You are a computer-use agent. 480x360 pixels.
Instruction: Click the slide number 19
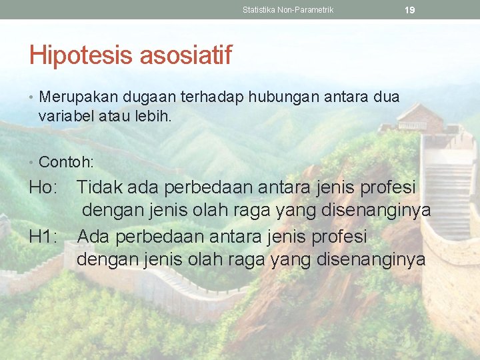[x=410, y=10]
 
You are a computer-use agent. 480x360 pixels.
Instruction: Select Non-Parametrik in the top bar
[x=307, y=10]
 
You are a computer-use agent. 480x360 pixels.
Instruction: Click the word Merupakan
[x=76, y=97]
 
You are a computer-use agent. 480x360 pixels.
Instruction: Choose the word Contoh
[x=65, y=162]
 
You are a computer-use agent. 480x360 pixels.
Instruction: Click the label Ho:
[x=44, y=188]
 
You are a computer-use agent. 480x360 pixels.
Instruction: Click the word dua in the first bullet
[x=387, y=97]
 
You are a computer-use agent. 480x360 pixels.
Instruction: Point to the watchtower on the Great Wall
[x=421, y=120]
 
